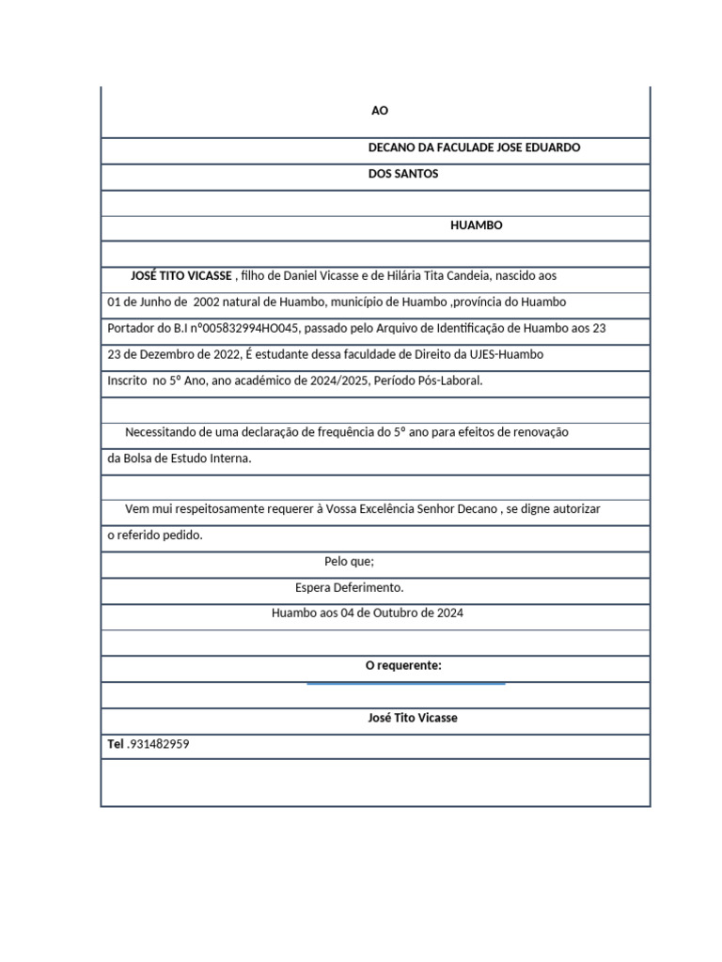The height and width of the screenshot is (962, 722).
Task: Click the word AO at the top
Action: (380, 111)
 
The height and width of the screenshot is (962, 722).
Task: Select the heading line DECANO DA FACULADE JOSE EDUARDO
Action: (474, 147)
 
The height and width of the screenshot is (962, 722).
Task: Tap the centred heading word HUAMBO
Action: (477, 225)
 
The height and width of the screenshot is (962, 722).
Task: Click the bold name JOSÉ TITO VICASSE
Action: (181, 276)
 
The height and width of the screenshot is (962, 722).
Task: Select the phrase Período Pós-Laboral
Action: (430, 380)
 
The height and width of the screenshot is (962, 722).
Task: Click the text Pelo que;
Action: (349, 562)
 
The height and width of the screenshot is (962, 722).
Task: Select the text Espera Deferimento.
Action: (349, 587)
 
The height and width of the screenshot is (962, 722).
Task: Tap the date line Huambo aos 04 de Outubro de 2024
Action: (367, 613)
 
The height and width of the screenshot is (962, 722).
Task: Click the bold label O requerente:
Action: (403, 665)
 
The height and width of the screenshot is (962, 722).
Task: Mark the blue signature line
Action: (405, 684)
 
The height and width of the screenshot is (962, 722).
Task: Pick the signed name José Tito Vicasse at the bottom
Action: (413, 718)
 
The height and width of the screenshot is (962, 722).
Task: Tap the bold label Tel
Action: (116, 744)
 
